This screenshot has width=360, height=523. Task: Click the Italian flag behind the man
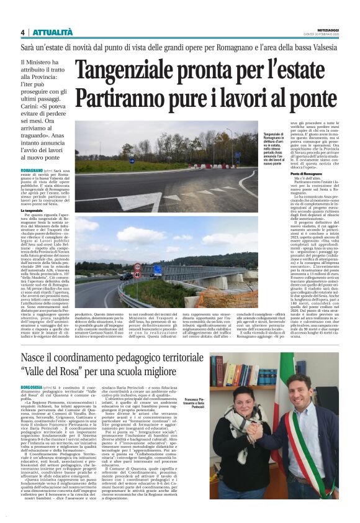[x=282, y=385]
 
